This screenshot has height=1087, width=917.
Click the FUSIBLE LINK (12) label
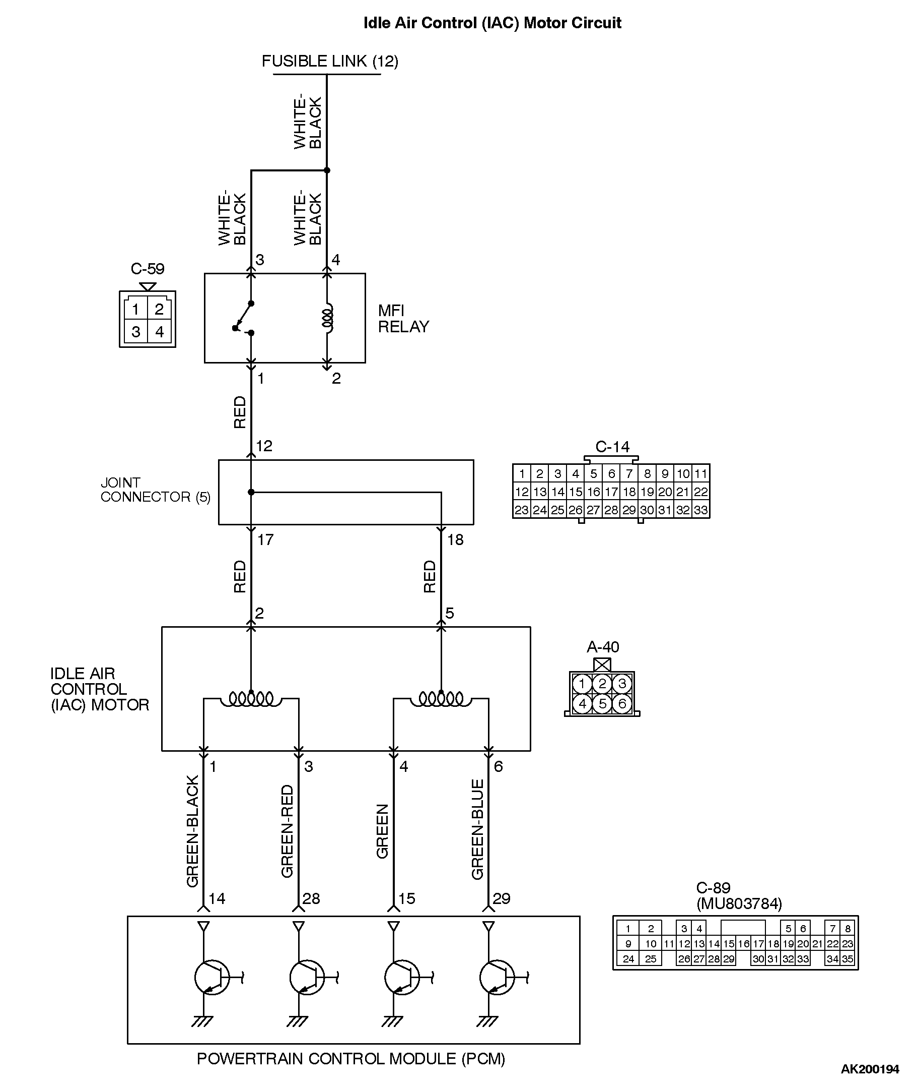pyautogui.click(x=329, y=61)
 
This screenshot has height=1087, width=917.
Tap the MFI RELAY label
pyautogui.click(x=403, y=319)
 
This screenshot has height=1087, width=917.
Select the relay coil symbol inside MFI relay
pyautogui.click(x=327, y=318)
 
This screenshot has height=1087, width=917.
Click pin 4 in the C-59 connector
pyautogui.click(x=160, y=331)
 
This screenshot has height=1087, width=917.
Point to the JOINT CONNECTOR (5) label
pyautogui.click(x=156, y=490)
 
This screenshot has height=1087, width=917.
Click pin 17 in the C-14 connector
pyautogui.click(x=611, y=492)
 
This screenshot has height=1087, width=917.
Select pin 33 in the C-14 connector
pyautogui.click(x=701, y=510)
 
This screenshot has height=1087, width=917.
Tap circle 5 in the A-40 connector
pyautogui.click(x=602, y=703)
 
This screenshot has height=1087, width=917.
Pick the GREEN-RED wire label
pyautogui.click(x=288, y=831)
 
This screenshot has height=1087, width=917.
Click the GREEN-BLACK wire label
pyautogui.click(x=193, y=831)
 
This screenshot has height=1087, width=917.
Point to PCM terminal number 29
pyautogui.click(x=501, y=898)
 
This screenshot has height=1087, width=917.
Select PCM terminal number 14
pyautogui.click(x=217, y=898)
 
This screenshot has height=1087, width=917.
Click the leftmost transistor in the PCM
pyautogui.click(x=212, y=978)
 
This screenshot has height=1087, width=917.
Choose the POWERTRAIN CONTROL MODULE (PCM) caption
pyautogui.click(x=351, y=1059)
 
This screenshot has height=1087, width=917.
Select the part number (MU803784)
pyautogui.click(x=739, y=904)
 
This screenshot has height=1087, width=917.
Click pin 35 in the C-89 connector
pyautogui.click(x=848, y=958)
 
